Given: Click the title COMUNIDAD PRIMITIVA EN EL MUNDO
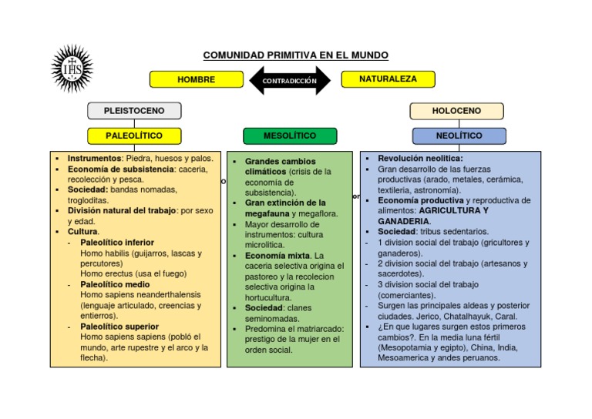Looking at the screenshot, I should click(x=295, y=55).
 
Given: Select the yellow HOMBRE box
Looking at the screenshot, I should click(x=196, y=79).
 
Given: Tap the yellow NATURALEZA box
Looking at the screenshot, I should click(x=388, y=79).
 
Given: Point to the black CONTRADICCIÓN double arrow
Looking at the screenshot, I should click(x=290, y=80).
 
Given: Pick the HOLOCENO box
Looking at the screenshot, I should click(x=456, y=111).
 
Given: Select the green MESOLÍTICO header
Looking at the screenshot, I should click(x=290, y=136).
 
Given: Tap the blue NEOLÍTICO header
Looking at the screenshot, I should click(x=459, y=136).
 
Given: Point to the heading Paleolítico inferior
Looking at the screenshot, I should click(x=117, y=242).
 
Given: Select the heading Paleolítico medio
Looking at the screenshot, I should click(x=115, y=284).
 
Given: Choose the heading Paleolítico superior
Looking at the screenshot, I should click(x=119, y=326).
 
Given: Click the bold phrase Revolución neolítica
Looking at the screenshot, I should click(x=415, y=158).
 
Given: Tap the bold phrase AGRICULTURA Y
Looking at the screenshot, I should click(x=454, y=210).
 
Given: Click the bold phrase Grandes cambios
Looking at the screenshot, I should click(x=281, y=161).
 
